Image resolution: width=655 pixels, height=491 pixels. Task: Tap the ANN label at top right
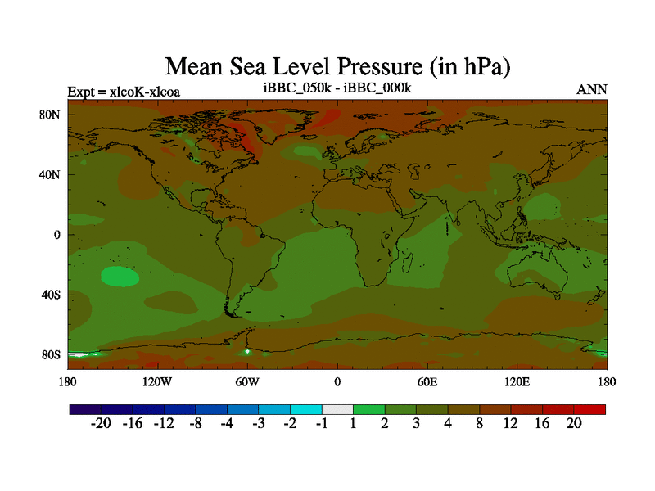[x=592, y=89]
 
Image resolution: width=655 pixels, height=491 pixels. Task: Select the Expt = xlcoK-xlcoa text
[x=124, y=91]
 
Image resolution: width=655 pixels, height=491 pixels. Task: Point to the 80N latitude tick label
[x=51, y=115]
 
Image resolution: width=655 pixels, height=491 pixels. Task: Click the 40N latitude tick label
[x=51, y=174]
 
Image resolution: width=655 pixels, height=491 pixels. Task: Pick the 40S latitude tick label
[x=52, y=295]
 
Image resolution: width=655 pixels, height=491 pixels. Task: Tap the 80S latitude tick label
[x=52, y=354]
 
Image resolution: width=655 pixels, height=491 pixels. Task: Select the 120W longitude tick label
[x=156, y=381]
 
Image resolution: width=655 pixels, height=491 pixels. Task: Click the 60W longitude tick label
[x=246, y=381]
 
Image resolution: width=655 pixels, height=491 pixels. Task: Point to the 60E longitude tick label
[x=427, y=381]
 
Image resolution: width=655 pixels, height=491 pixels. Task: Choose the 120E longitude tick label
[x=517, y=381]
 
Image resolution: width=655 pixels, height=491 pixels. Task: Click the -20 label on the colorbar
[x=101, y=424]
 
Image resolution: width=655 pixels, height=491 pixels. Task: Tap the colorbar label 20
[x=573, y=424]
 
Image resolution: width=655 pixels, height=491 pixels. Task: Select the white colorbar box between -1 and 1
[x=337, y=409]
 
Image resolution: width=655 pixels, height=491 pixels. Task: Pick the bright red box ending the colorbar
[x=589, y=409]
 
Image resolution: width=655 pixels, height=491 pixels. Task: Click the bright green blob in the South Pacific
[x=120, y=277]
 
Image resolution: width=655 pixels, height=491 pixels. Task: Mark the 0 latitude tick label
[x=57, y=235]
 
